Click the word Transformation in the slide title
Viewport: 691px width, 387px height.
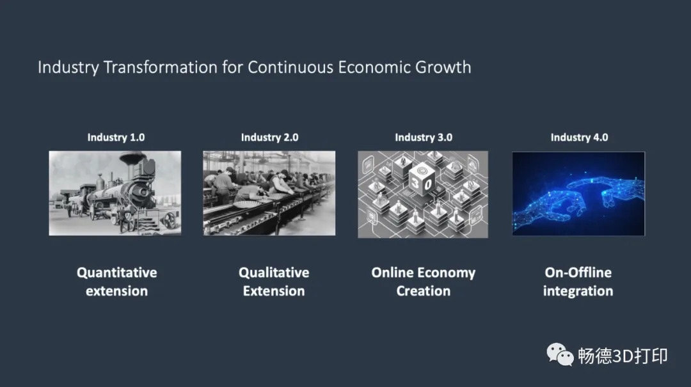[161, 67]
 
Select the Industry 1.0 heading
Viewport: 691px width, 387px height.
[116, 138]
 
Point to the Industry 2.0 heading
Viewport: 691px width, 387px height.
[270, 138]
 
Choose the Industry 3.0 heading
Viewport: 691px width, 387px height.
[424, 138]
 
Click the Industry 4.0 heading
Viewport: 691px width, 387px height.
[579, 138]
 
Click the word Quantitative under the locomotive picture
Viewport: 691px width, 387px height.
[117, 273]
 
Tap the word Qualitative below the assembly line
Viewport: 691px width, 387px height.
[274, 273]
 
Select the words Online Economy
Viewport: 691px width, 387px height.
[424, 273]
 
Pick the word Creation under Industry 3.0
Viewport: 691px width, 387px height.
[424, 291]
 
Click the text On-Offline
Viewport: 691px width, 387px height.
[578, 272]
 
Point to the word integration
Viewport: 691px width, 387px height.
[578, 291]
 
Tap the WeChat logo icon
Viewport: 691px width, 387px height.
[560, 354]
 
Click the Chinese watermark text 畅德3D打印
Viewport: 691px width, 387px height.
[623, 356]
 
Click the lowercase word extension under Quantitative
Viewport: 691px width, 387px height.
[117, 291]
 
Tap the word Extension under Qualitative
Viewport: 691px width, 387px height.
[274, 291]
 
